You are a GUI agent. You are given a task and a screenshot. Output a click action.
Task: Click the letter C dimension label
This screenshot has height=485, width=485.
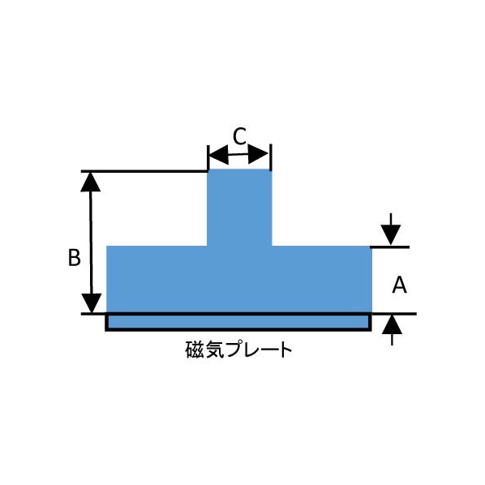[239, 136]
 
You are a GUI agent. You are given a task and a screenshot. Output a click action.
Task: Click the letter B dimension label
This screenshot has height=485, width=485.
[75, 257]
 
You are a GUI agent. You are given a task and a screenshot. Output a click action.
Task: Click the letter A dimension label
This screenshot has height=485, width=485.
[399, 285]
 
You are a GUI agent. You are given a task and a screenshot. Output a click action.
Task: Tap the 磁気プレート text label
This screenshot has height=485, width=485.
[238, 350]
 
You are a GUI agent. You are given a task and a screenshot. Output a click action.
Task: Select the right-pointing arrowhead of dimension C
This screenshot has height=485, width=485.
[258, 154]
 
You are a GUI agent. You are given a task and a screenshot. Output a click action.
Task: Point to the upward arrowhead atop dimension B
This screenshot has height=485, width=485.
[90, 182]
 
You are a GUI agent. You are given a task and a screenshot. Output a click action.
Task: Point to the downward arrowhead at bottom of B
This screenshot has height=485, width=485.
[92, 303]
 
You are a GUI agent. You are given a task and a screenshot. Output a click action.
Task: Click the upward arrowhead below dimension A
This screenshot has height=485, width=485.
[393, 324]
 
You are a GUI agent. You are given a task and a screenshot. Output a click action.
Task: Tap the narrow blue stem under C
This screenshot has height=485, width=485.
[239, 208]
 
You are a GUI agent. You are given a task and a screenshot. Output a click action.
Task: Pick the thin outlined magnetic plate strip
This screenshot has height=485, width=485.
[238, 322]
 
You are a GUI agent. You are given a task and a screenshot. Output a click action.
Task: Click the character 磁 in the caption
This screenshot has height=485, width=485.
[195, 350]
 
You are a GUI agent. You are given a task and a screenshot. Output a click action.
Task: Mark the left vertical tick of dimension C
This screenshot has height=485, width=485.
[208, 157]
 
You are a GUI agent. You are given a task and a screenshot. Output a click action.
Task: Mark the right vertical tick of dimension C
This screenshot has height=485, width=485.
[271, 157]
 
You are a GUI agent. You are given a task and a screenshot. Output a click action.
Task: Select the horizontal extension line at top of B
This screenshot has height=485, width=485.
[144, 171]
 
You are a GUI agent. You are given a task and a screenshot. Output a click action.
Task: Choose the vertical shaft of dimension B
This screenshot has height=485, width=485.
[91, 242]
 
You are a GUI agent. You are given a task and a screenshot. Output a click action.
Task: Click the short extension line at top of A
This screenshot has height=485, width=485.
[390, 247]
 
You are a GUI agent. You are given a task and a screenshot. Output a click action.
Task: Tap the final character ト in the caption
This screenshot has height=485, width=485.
[286, 350]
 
